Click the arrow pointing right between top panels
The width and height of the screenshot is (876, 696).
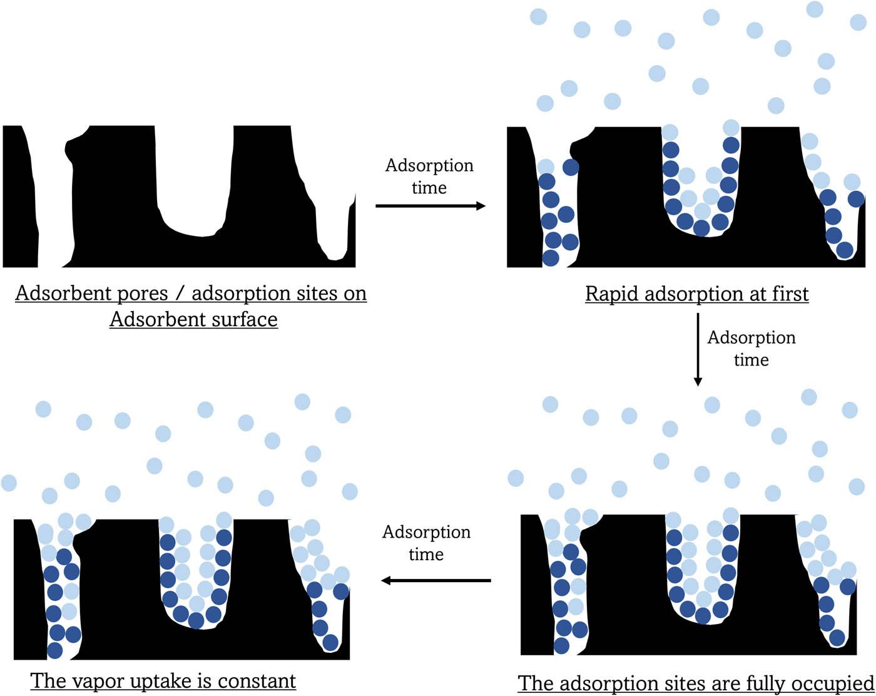(x=430, y=205)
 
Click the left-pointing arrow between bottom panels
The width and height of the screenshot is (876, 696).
(x=436, y=581)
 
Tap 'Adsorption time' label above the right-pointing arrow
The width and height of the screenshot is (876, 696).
(x=429, y=176)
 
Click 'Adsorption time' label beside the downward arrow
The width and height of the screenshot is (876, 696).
(x=751, y=348)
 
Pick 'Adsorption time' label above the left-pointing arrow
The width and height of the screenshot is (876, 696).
(x=427, y=543)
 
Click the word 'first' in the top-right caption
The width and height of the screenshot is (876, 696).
(x=788, y=294)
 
